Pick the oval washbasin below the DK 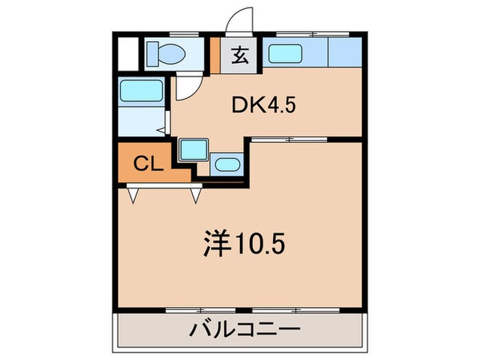coord(225,164)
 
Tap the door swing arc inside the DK coord(187,88)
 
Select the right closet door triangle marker coord(195,196)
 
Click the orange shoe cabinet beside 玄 coord(215,55)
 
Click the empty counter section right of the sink coord(345,51)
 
